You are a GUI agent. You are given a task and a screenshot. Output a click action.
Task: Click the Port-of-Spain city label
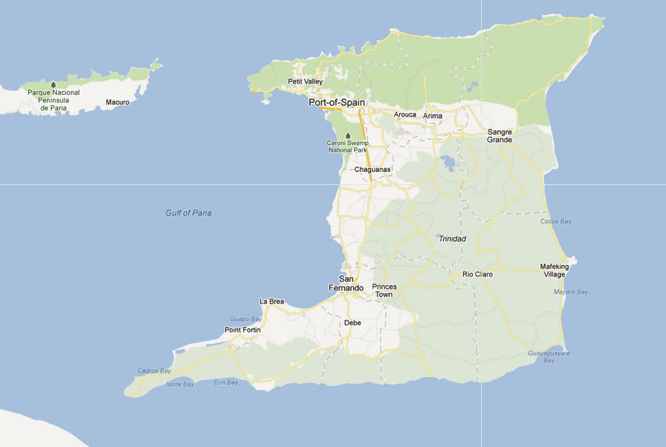[337, 103]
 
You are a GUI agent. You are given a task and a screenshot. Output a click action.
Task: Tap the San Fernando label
[347, 284]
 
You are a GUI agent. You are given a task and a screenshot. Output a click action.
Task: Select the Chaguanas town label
[373, 170]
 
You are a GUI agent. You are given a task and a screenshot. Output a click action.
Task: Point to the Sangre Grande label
[500, 136]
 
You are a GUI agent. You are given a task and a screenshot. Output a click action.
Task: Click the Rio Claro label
[477, 274]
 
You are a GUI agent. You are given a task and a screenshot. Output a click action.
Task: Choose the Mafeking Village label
[554, 271]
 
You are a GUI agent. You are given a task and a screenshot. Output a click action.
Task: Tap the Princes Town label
[384, 291]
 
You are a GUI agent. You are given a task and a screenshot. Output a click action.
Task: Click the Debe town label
[352, 323]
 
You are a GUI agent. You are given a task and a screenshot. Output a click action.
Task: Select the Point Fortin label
[242, 330]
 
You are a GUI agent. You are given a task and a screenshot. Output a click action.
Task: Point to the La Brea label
[272, 302]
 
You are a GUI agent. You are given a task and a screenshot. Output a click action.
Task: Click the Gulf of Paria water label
[188, 213]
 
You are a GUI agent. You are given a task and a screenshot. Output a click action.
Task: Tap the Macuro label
[117, 102]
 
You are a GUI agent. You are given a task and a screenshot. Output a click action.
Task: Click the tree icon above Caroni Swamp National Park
[348, 135]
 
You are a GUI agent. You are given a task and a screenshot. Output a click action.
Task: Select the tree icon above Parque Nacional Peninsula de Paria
[53, 84]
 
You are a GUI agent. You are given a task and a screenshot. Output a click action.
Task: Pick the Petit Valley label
[305, 82]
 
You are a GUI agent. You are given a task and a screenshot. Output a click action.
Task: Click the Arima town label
[433, 116]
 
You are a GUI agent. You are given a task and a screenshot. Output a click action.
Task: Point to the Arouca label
[405, 114]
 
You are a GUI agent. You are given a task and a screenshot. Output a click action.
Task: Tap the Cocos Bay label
[555, 222]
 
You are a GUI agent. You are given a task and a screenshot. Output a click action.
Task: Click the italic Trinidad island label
[452, 239]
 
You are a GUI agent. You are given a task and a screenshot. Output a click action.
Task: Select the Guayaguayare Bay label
[549, 357]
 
